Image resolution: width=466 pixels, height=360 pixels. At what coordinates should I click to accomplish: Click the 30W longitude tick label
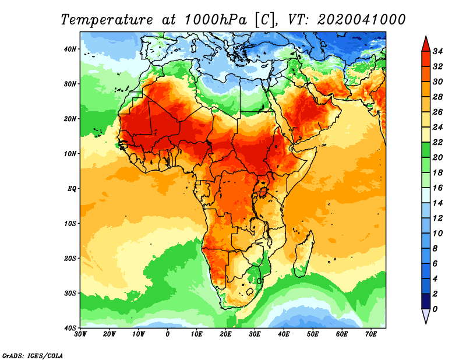[x=80, y=334]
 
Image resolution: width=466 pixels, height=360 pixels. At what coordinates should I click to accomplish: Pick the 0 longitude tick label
[x=168, y=334]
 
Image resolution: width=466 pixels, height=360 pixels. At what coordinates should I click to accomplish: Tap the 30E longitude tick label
[x=255, y=334]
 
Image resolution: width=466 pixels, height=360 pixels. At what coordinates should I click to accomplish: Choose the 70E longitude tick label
[x=370, y=334]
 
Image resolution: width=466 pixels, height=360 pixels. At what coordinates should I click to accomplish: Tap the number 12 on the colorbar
[x=439, y=218]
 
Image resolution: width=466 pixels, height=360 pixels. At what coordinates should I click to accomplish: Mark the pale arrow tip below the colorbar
[x=425, y=316]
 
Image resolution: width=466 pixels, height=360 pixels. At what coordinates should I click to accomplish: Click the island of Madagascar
[x=305, y=250]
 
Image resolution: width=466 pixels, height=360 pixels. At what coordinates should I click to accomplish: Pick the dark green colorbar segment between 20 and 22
[x=425, y=150]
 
